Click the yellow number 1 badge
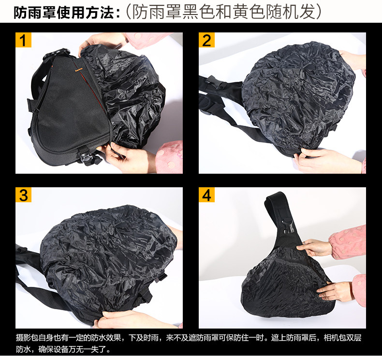pos(23,40)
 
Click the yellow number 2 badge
pos(206,40)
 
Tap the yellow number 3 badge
pos(23,195)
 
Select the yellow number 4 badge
pos(206,195)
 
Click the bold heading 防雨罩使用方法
pos(64,13)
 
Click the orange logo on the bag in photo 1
pos(78,69)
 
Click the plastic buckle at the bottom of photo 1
pos(86,158)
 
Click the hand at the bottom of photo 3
pos(132,319)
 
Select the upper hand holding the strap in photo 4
pos(314,247)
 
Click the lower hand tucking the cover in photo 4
pos(335,292)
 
